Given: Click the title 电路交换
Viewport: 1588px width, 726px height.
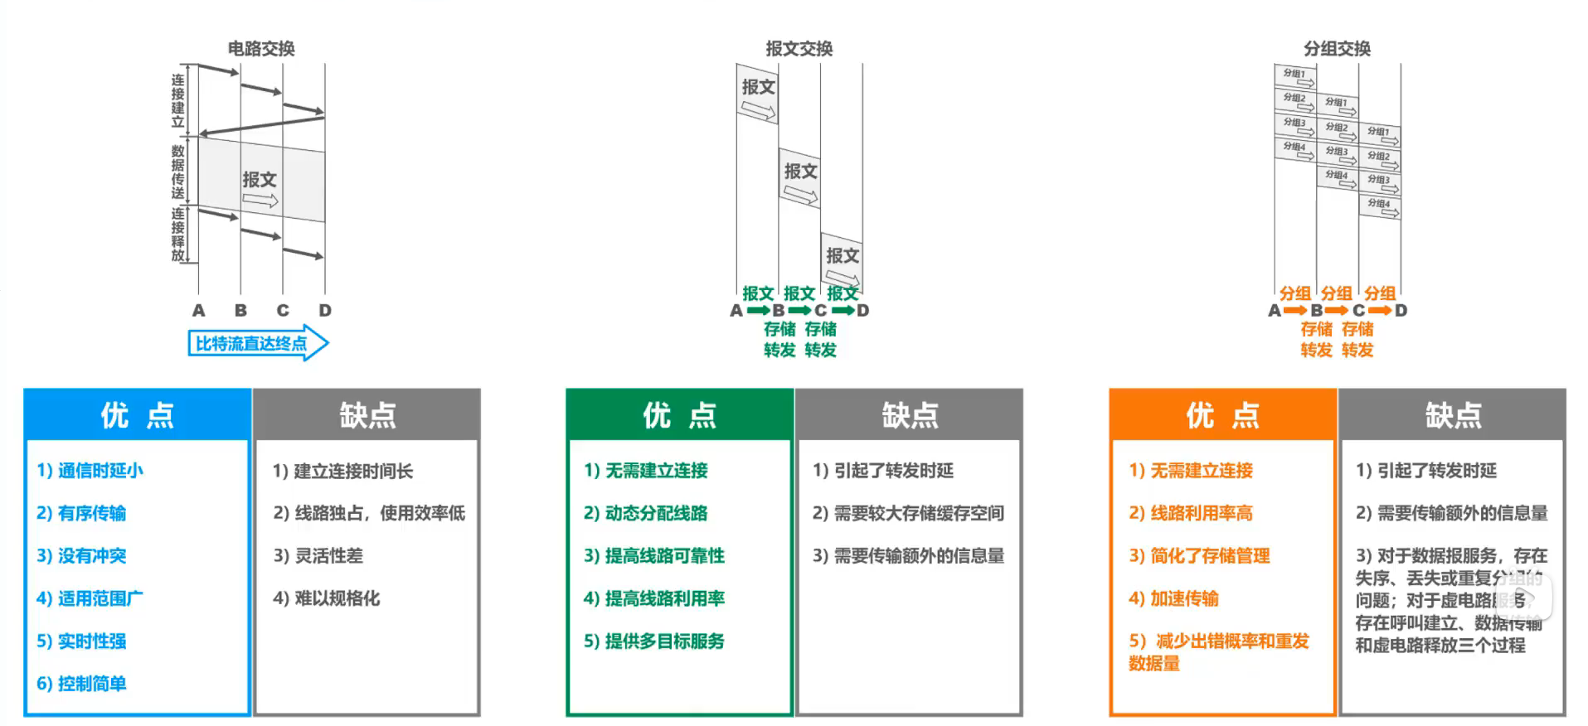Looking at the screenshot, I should tap(261, 49).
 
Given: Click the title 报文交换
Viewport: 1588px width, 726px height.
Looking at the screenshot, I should tap(799, 49).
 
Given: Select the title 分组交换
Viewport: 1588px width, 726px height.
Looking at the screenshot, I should tap(1337, 49).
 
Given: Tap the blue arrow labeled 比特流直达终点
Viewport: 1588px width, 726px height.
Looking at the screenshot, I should tap(258, 343).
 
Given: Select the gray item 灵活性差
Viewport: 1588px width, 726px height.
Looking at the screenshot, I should tap(318, 556).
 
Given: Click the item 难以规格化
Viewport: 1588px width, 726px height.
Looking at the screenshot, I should tap(327, 598).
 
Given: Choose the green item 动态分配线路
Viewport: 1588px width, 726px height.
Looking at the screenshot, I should tap(646, 513).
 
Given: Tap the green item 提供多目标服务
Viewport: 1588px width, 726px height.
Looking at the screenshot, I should tap(654, 641).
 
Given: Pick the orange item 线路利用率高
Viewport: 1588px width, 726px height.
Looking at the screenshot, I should tap(1191, 513).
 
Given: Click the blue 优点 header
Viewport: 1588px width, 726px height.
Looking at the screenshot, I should tap(138, 415).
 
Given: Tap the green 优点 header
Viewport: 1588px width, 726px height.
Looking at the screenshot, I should tap(680, 415).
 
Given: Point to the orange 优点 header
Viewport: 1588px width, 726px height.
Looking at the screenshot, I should tap(1223, 415).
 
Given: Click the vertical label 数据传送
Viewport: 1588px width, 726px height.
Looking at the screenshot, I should tap(177, 172).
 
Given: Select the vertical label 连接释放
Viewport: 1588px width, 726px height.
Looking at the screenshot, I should tap(177, 235).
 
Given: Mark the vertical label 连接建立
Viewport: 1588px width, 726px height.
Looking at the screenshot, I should tap(177, 101).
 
